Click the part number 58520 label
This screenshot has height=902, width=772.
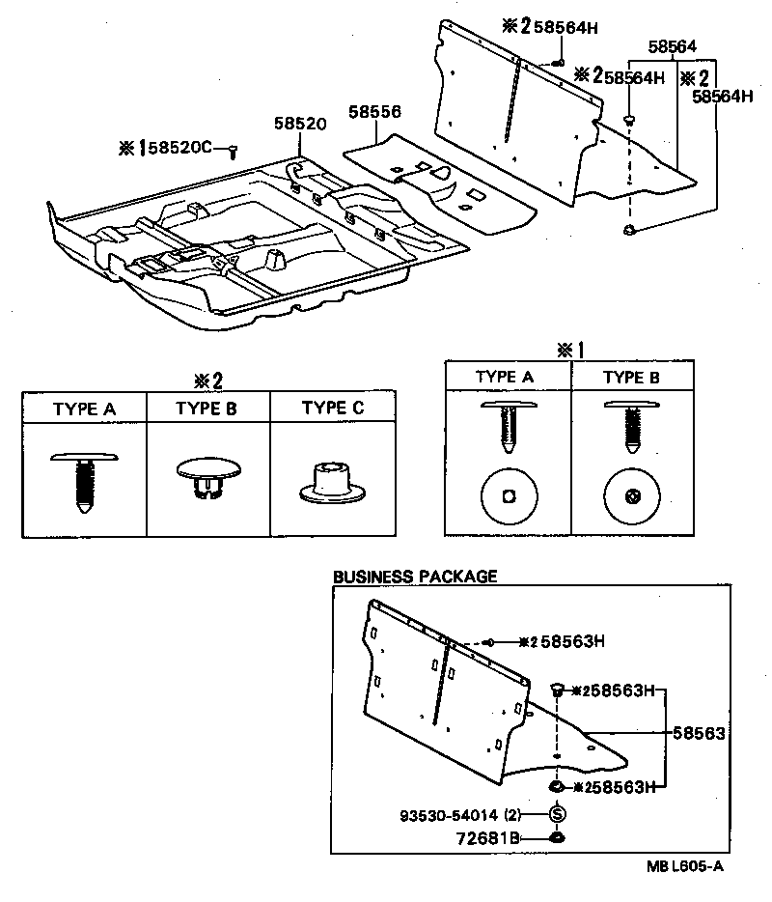pos(299,125)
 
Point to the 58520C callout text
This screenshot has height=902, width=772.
pos(179,148)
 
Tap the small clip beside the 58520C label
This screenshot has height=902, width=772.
pos(233,150)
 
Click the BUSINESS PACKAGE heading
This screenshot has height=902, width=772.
pos(415,577)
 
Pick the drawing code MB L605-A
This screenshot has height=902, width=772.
pos(683,866)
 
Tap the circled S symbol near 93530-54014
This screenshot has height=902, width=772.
pos(557,813)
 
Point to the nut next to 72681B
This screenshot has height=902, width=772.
pos(557,836)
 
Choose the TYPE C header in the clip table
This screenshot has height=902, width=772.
pos(333,408)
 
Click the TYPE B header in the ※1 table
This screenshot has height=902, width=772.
pos(632,377)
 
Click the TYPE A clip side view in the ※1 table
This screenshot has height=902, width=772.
pos(508,425)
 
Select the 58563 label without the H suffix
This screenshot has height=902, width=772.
pos(700,734)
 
